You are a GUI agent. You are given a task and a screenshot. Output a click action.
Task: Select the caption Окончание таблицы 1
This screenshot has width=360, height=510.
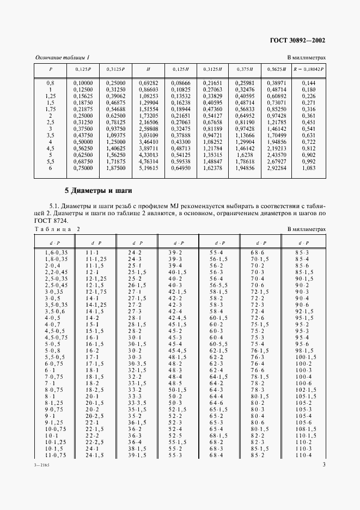click(62, 57)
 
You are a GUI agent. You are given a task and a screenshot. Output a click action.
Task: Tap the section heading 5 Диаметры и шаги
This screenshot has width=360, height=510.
click(95, 191)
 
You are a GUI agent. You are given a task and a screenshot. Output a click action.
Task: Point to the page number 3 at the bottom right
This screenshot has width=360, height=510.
click(324, 495)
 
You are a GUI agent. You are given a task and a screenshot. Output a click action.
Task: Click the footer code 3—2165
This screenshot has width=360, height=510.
click(42, 495)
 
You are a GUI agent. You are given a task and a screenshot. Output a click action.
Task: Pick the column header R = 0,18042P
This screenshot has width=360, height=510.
click(309, 70)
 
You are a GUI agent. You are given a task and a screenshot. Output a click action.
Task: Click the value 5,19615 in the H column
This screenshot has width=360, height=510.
click(148, 169)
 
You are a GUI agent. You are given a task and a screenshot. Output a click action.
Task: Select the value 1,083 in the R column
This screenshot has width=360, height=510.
click(309, 169)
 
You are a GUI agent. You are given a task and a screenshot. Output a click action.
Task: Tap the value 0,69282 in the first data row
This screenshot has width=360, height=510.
click(148, 82)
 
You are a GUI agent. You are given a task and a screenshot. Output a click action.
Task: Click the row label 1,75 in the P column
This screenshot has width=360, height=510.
click(50, 108)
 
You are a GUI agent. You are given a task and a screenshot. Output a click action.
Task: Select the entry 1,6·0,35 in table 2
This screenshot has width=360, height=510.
click(55, 253)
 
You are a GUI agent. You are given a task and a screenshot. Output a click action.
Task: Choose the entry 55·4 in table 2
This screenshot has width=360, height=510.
click(216, 253)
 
